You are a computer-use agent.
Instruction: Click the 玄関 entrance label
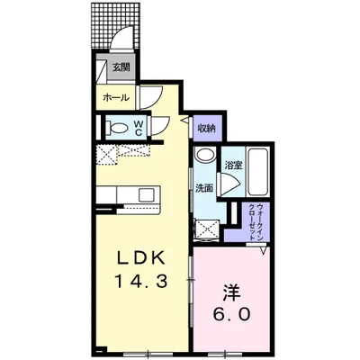pos(121,67)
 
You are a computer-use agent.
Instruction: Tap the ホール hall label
pos(114,97)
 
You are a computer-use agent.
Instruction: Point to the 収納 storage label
pos(206,129)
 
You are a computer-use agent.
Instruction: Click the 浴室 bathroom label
pos(233,165)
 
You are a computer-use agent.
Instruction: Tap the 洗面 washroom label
pos(203,188)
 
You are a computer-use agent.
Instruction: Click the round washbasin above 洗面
pos(204,156)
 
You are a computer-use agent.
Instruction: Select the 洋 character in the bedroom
pos(230,292)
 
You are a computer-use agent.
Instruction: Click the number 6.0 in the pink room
pos(230,316)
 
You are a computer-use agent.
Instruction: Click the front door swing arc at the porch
pos(124,40)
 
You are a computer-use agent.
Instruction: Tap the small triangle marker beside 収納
pos(184,119)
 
